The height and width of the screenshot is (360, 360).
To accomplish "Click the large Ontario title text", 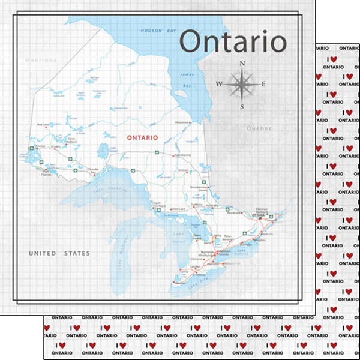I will point(233,43).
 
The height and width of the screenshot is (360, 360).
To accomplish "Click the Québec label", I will point(259,128).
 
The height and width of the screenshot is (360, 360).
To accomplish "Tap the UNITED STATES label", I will point(59,253).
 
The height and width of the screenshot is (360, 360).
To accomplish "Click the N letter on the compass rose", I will point(242,63).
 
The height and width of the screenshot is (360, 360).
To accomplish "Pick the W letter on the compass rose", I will point(219,84).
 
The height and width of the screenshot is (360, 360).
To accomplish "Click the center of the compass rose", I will point(242,85).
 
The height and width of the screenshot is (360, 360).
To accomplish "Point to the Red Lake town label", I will point(43,125).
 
